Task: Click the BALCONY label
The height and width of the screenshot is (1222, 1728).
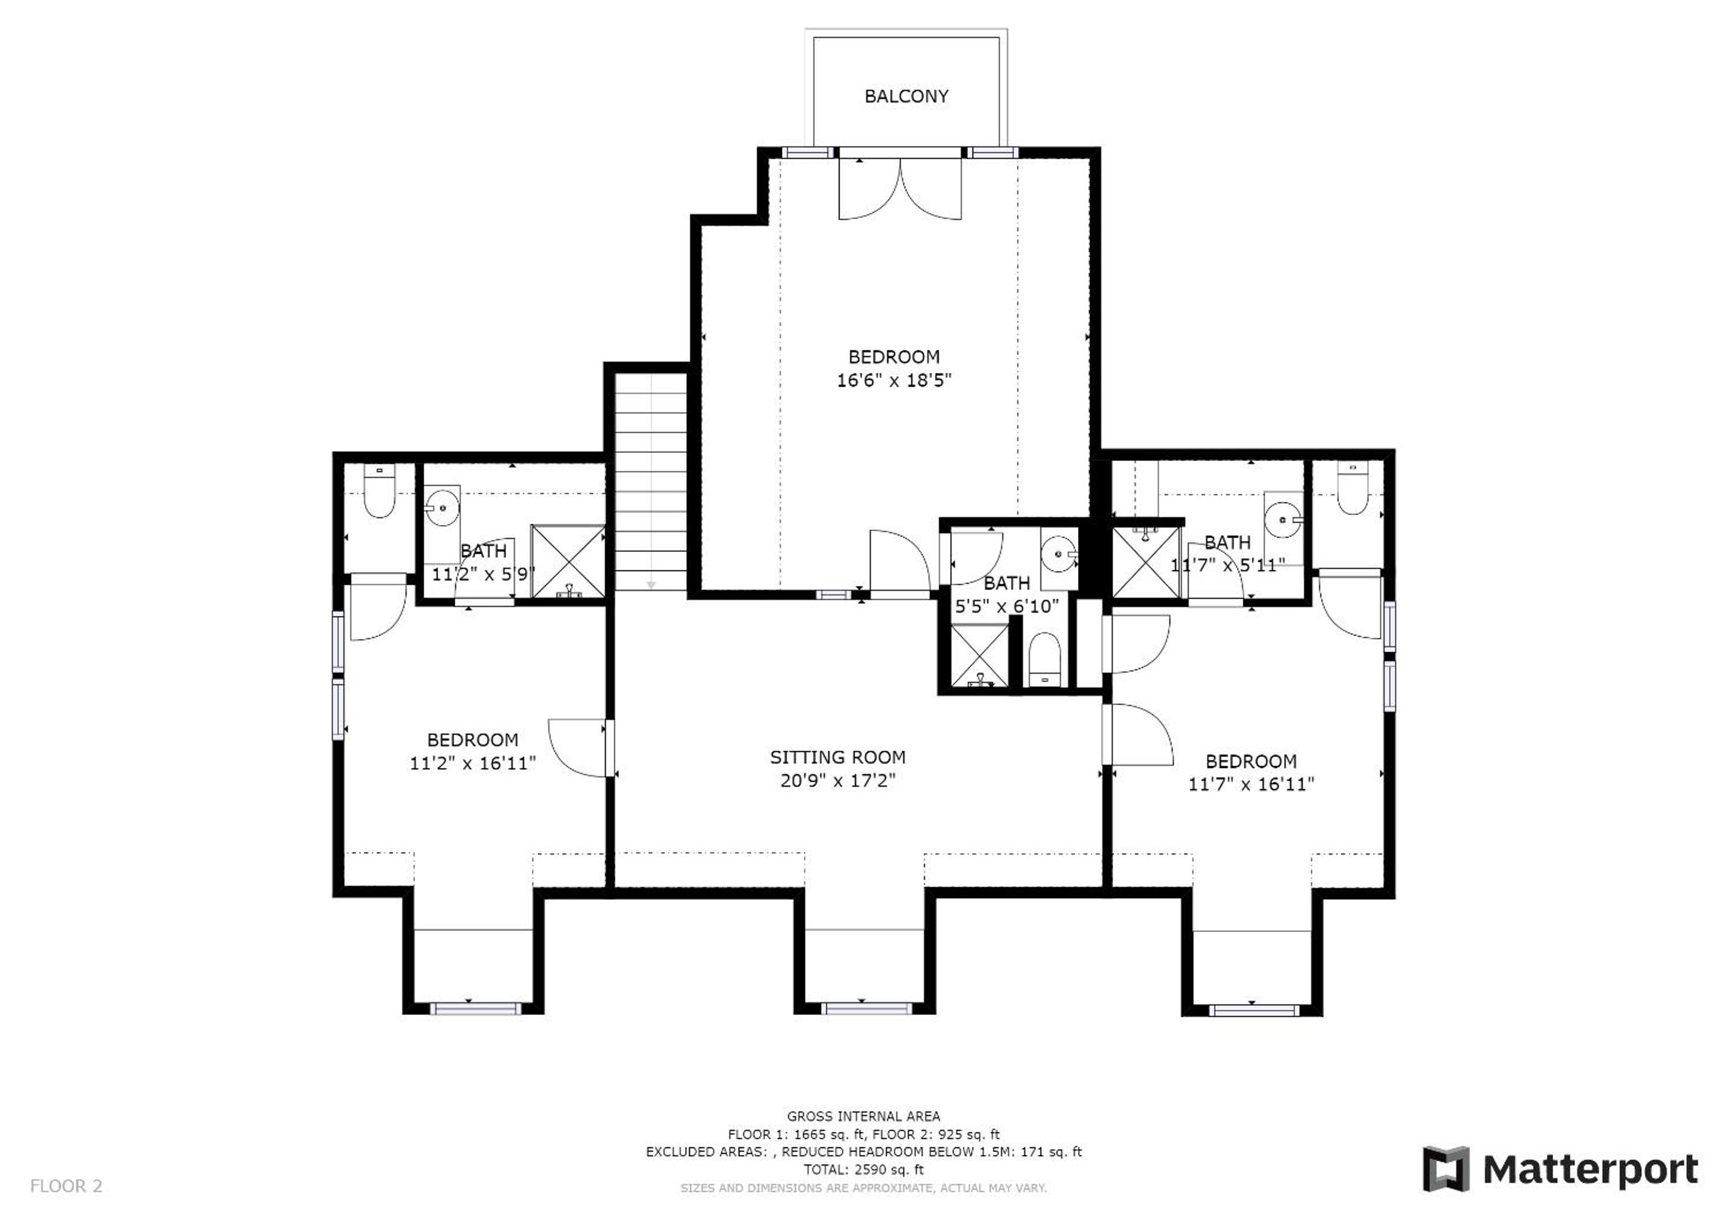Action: click(906, 96)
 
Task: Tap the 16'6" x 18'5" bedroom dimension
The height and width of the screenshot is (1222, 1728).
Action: click(894, 380)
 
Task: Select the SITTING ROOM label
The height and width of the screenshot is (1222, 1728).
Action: click(837, 757)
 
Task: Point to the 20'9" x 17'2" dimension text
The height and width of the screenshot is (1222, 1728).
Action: click(837, 780)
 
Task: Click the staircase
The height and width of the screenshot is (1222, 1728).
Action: click(651, 482)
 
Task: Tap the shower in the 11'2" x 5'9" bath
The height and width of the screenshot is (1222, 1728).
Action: click(568, 561)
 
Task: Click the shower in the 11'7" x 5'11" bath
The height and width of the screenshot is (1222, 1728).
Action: click(1146, 563)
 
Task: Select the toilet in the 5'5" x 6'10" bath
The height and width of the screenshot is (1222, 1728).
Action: click(1044, 659)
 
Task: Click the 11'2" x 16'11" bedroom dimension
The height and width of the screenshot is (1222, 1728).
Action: click(473, 763)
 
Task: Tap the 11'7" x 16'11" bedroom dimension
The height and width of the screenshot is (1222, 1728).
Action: click(1251, 784)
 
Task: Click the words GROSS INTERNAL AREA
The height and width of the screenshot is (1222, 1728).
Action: click(863, 1116)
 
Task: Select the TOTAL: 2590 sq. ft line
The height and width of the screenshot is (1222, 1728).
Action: click(863, 1169)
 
